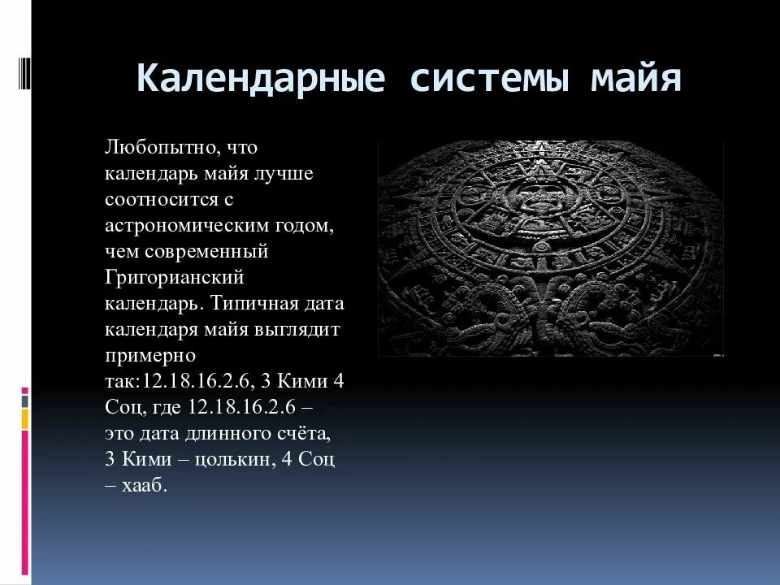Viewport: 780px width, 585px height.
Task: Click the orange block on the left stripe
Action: [x=25, y=418]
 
